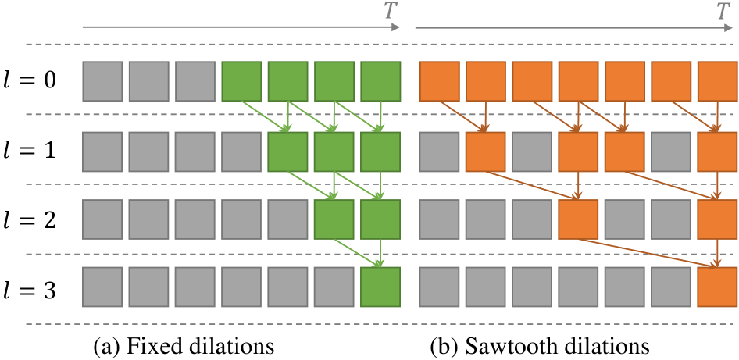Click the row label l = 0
(29, 80)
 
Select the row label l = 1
(29, 150)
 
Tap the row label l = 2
(29, 219)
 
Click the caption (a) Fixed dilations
(183, 344)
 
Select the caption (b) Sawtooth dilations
(539, 344)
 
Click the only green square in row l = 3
(380, 288)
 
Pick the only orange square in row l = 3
(718, 288)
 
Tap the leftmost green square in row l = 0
(241, 81)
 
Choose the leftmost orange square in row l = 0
(440, 81)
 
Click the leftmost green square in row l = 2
(334, 219)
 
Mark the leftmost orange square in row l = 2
(579, 219)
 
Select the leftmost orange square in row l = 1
(486, 151)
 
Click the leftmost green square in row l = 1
(287, 151)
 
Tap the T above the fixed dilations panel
(390, 11)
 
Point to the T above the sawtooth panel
(723, 11)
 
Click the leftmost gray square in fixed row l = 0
(102, 81)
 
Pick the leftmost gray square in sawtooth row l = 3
(440, 288)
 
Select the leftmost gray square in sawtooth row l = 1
(440, 151)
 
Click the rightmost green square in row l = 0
(380, 81)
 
